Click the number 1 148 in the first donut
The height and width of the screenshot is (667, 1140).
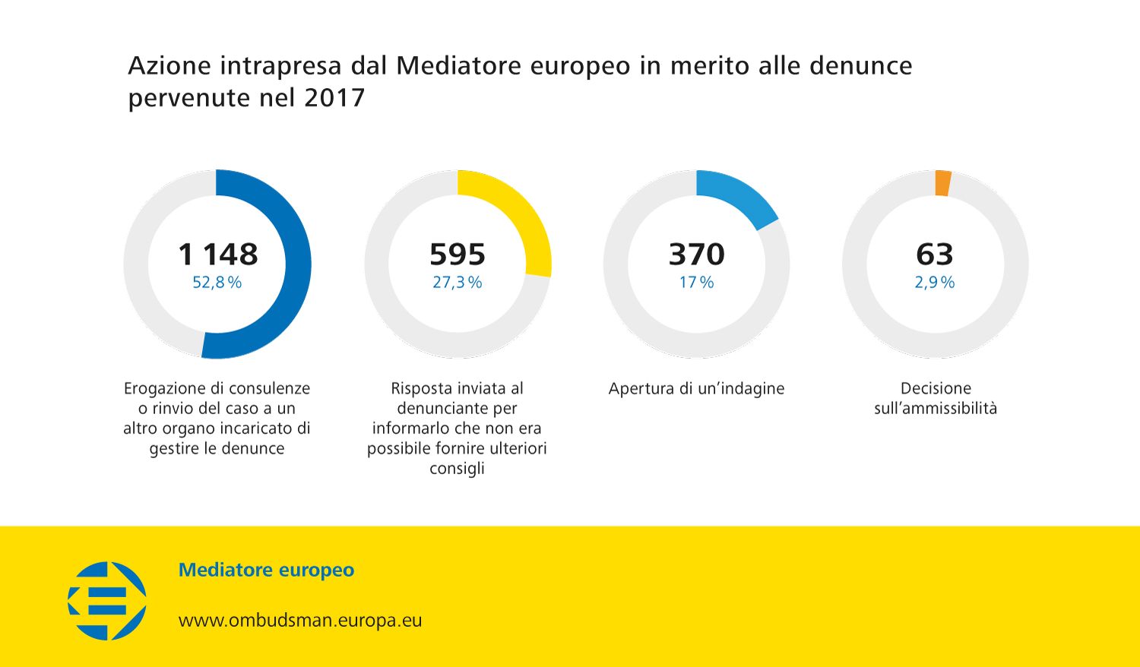[x=217, y=254]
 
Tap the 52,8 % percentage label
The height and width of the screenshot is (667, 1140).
[x=217, y=283]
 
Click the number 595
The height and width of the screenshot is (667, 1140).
[x=458, y=254]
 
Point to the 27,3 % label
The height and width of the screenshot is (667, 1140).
[x=458, y=283]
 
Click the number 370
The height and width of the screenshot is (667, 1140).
[x=697, y=254]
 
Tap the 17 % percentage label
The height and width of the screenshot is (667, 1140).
[x=697, y=283]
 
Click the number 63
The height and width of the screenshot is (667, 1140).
[x=935, y=254]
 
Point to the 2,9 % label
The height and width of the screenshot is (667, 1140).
[x=935, y=283]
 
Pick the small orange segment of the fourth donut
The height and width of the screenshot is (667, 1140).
[x=942, y=183]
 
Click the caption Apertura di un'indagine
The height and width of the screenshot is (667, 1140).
[x=696, y=388]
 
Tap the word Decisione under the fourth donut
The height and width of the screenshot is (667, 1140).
[x=936, y=388]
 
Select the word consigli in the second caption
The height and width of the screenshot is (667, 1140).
[x=457, y=468]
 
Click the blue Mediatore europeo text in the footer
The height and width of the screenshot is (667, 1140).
[x=266, y=570]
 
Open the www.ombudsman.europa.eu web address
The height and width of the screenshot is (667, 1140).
[x=300, y=620]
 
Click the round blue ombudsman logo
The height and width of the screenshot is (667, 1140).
[x=107, y=600]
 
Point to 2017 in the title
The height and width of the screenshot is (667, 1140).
[x=334, y=98]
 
